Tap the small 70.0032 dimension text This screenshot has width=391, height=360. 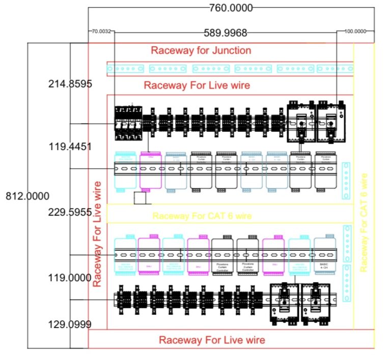100,32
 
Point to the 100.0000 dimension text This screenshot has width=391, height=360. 355,32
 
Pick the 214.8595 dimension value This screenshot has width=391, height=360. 70,84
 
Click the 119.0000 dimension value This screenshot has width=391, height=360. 70,279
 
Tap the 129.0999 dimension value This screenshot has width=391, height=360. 70,324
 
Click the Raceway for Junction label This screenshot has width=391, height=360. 201,50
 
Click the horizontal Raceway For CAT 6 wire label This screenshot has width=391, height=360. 202,216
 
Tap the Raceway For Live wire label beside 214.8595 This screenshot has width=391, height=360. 197,85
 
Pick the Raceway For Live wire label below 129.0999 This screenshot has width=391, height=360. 212,340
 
